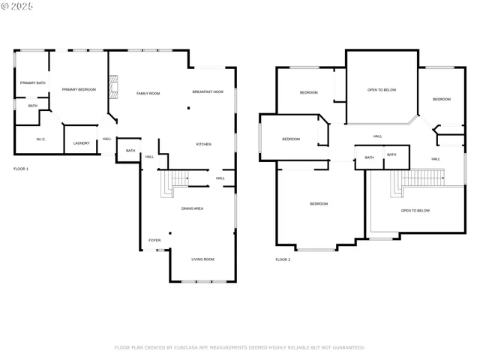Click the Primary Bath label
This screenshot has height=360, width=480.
tap(32, 82)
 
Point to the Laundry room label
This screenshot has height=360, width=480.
tap(81, 144)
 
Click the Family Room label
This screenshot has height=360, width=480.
tap(148, 93)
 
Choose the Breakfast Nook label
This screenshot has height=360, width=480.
tap(208, 91)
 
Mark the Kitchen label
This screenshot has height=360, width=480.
tap(204, 144)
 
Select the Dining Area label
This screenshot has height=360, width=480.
tap(192, 208)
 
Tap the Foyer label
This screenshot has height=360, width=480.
tap(154, 240)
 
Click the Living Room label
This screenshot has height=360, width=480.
tap(202, 259)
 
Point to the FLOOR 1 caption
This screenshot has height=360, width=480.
tap(21, 169)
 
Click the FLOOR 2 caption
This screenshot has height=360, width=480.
tap(283, 259)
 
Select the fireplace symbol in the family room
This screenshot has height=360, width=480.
tap(113, 88)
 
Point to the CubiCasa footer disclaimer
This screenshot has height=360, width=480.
tap(239, 347)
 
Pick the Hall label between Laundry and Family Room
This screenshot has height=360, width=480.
tap(107, 139)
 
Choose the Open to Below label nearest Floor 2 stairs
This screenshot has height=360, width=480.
tap(415, 211)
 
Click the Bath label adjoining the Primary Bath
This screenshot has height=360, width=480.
tap(33, 106)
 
